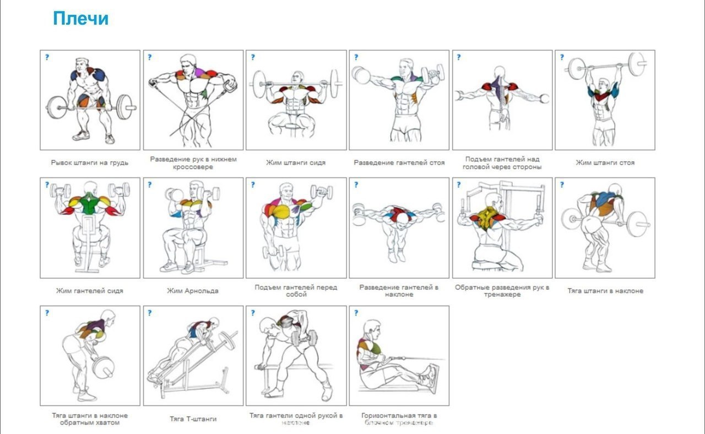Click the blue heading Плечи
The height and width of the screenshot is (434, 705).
80,19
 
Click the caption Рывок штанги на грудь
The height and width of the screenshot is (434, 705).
90,163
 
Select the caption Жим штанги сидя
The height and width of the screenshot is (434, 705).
296,163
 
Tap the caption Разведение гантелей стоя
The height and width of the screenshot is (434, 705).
399,163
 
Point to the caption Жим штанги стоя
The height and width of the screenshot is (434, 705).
605,163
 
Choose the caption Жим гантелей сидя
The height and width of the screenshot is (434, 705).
90,291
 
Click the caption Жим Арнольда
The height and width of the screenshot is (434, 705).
193,291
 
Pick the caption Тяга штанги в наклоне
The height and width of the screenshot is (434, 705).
605,291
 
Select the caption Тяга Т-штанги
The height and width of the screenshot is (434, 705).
193,419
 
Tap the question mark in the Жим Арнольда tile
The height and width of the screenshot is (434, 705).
150,185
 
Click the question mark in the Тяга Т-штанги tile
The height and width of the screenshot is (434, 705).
150,313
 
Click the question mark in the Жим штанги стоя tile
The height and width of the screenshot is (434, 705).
562,57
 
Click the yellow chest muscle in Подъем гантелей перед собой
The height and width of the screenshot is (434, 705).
282,211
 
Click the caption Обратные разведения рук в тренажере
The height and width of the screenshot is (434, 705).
502,291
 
